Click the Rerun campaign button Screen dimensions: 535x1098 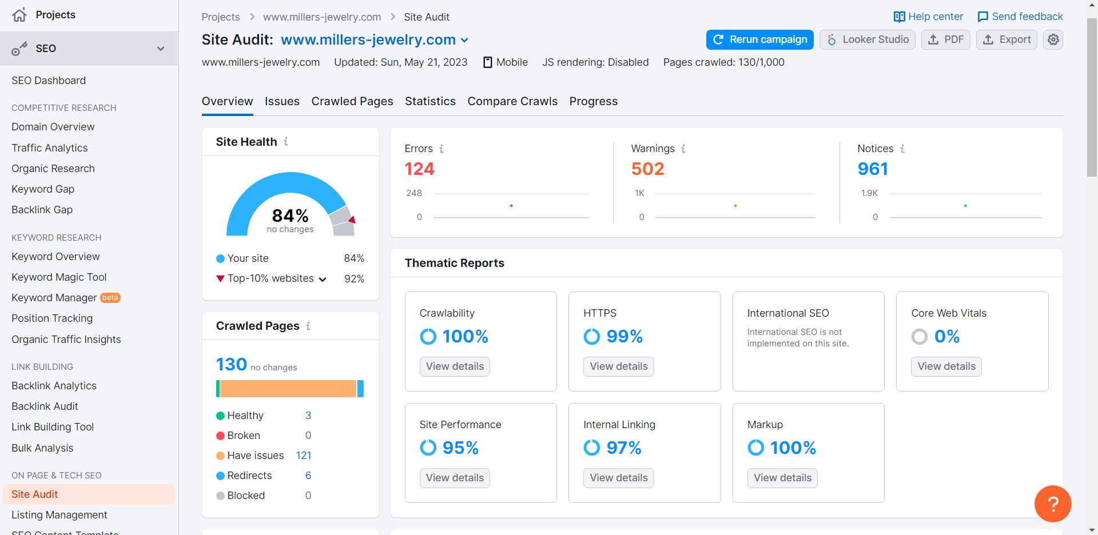click(759, 39)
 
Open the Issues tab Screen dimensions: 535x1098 click(282, 101)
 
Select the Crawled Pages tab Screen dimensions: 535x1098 click(352, 101)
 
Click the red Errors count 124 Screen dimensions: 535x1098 click(419, 169)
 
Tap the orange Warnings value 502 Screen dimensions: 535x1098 click(647, 169)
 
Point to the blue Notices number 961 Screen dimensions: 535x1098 click(872, 169)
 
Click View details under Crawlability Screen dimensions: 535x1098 click(455, 366)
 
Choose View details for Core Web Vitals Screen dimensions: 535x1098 click(946, 366)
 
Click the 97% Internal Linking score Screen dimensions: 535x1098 click(623, 448)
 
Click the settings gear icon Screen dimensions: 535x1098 click(1053, 39)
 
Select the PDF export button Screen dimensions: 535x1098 click(945, 39)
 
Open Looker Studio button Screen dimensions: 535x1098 click(867, 39)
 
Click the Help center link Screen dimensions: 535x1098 click(928, 17)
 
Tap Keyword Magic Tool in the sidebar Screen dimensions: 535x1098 click(59, 277)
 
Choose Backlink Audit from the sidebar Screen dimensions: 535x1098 click(45, 406)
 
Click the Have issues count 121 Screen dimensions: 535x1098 click(304, 456)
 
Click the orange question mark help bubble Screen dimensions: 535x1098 click(1052, 504)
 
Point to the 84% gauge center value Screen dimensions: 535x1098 click(290, 215)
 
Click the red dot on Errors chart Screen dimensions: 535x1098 click(511, 206)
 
